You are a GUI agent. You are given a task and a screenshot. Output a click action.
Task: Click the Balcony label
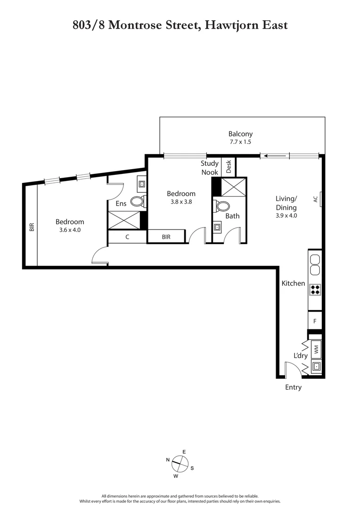[240, 133]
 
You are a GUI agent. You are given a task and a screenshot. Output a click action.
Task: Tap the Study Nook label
[210, 168]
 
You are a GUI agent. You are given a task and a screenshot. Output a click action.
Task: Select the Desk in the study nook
[229, 166]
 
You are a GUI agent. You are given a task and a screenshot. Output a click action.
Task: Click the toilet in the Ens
[137, 202]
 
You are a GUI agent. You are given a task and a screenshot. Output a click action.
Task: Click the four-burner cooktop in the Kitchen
[315, 289]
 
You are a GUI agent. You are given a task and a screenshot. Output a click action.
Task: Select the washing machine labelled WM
[316, 349]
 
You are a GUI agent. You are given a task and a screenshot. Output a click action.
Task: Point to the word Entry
[293, 387]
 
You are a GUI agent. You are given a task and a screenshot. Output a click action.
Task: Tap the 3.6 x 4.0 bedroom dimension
[70, 230]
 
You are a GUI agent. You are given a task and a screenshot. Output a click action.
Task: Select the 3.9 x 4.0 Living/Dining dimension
[286, 215]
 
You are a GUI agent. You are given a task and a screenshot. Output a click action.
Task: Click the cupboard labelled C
[127, 237]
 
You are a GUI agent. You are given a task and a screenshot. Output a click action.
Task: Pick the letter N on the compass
[168, 460]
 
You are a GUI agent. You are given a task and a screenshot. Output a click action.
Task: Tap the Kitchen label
[293, 283]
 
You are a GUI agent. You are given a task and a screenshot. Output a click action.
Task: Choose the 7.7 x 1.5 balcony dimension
[240, 141]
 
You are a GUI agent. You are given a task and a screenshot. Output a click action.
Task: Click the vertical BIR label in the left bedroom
[32, 227]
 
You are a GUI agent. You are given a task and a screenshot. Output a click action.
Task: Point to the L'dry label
[301, 355]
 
